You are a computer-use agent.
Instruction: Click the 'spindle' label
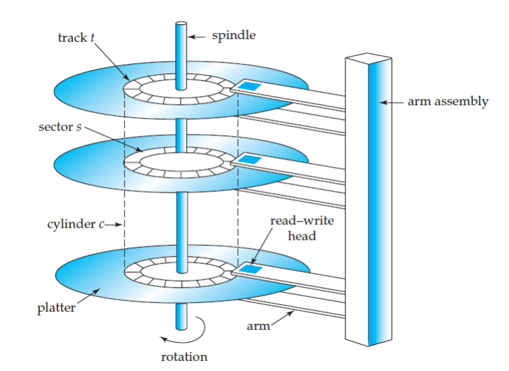[233, 35]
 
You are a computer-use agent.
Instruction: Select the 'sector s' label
[59, 127]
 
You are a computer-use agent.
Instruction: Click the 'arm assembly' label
[447, 102]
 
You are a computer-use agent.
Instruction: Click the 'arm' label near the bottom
[260, 326]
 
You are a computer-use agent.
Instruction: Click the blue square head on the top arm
[251, 87]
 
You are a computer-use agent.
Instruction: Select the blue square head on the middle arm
[251, 159]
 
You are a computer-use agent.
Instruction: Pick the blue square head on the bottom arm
[251, 269]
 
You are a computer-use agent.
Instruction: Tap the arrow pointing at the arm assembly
[391, 102]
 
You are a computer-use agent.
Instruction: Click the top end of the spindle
[181, 25]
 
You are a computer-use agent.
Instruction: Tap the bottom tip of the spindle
[181, 327]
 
